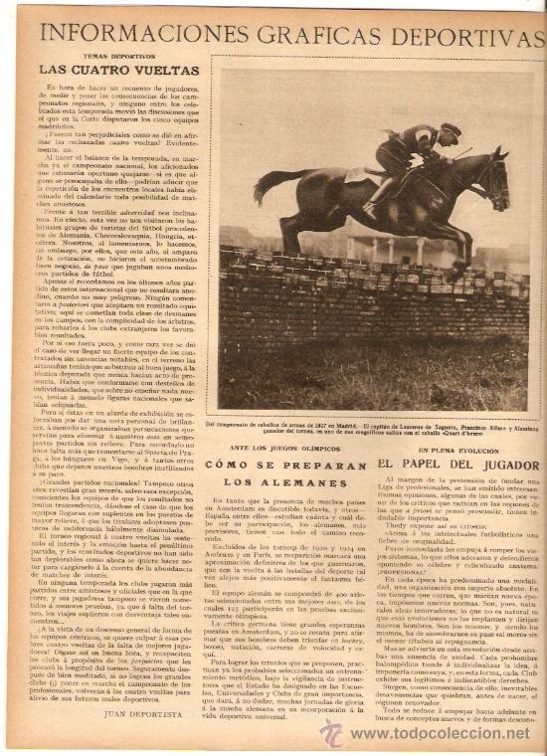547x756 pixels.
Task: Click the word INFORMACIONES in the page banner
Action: (x=128, y=35)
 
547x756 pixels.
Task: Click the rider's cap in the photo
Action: (x=451, y=129)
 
